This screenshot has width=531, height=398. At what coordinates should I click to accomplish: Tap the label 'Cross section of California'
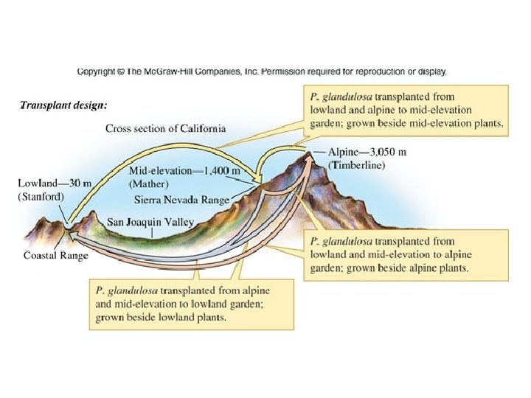[165, 128]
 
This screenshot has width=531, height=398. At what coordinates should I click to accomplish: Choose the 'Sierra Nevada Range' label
[181, 199]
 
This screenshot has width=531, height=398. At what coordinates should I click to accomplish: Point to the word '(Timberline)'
[358, 165]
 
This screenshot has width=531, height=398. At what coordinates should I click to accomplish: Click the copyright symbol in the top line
[122, 71]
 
